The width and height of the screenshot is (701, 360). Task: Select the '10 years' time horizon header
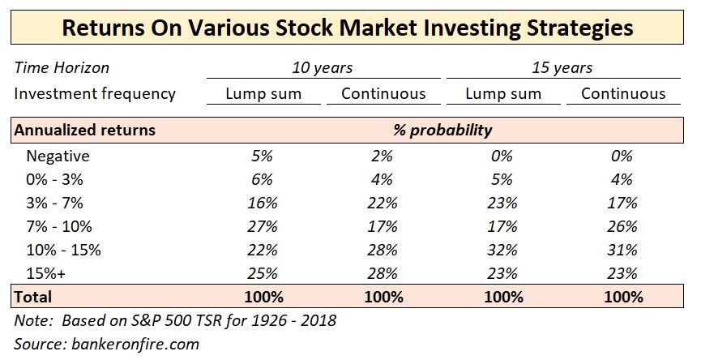[x=322, y=67]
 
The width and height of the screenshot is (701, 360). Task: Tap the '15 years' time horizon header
[x=562, y=67]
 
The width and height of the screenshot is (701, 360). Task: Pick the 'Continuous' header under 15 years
[x=623, y=93]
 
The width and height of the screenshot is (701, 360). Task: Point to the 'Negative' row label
[x=58, y=156]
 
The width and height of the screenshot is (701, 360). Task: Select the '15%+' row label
[x=48, y=273]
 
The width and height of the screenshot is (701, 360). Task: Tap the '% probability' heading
[x=443, y=130]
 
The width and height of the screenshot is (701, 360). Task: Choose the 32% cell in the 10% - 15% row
[x=502, y=250]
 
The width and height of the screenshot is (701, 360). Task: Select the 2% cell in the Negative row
[x=383, y=156]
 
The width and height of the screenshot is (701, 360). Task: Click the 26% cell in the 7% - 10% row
[x=622, y=226]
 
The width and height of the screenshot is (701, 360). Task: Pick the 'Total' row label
[x=32, y=297]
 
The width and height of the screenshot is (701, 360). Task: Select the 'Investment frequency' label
[x=95, y=93]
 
